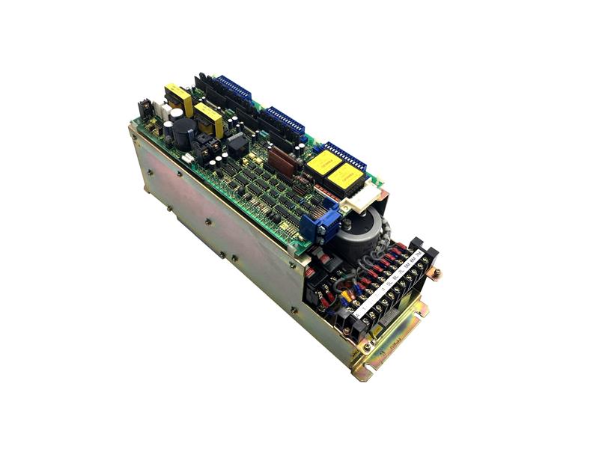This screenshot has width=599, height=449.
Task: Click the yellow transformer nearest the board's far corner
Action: click(178, 99)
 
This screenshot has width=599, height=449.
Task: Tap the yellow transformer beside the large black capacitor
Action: click(208, 119)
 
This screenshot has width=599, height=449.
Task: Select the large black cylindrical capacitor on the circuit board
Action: click(183, 132)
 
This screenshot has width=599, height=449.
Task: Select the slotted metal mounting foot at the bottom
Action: click(393, 352)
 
